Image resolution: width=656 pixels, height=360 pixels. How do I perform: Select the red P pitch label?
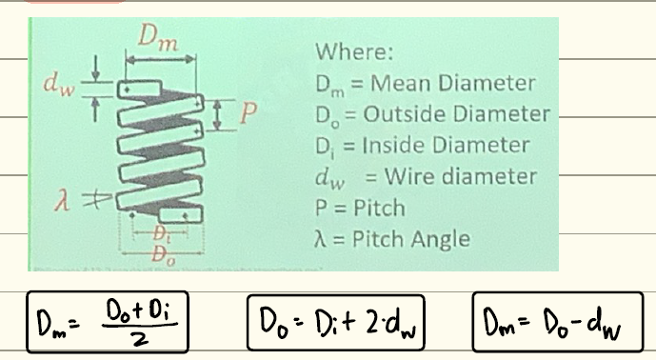click(249, 111)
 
